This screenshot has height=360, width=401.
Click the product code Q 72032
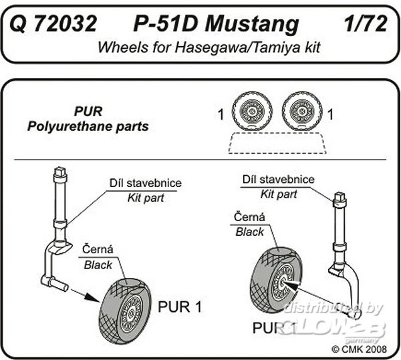click(53, 24)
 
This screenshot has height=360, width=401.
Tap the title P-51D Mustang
click(216, 25)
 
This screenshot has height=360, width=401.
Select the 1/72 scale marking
click(366, 24)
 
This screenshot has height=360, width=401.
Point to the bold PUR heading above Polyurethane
click(88, 112)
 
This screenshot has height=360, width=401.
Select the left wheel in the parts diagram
click(252, 111)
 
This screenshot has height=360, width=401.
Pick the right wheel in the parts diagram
click(302, 111)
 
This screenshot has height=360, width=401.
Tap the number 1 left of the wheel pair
click(221, 114)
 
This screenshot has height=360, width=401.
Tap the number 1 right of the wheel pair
click(331, 114)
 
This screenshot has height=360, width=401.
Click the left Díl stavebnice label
click(146, 183)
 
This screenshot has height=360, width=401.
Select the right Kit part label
click(279, 194)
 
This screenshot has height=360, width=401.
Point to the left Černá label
click(98, 249)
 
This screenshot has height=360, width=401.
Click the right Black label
click(249, 232)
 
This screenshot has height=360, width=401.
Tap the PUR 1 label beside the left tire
click(180, 307)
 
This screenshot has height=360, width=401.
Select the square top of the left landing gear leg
click(60, 171)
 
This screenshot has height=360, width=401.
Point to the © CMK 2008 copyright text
click(359, 349)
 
